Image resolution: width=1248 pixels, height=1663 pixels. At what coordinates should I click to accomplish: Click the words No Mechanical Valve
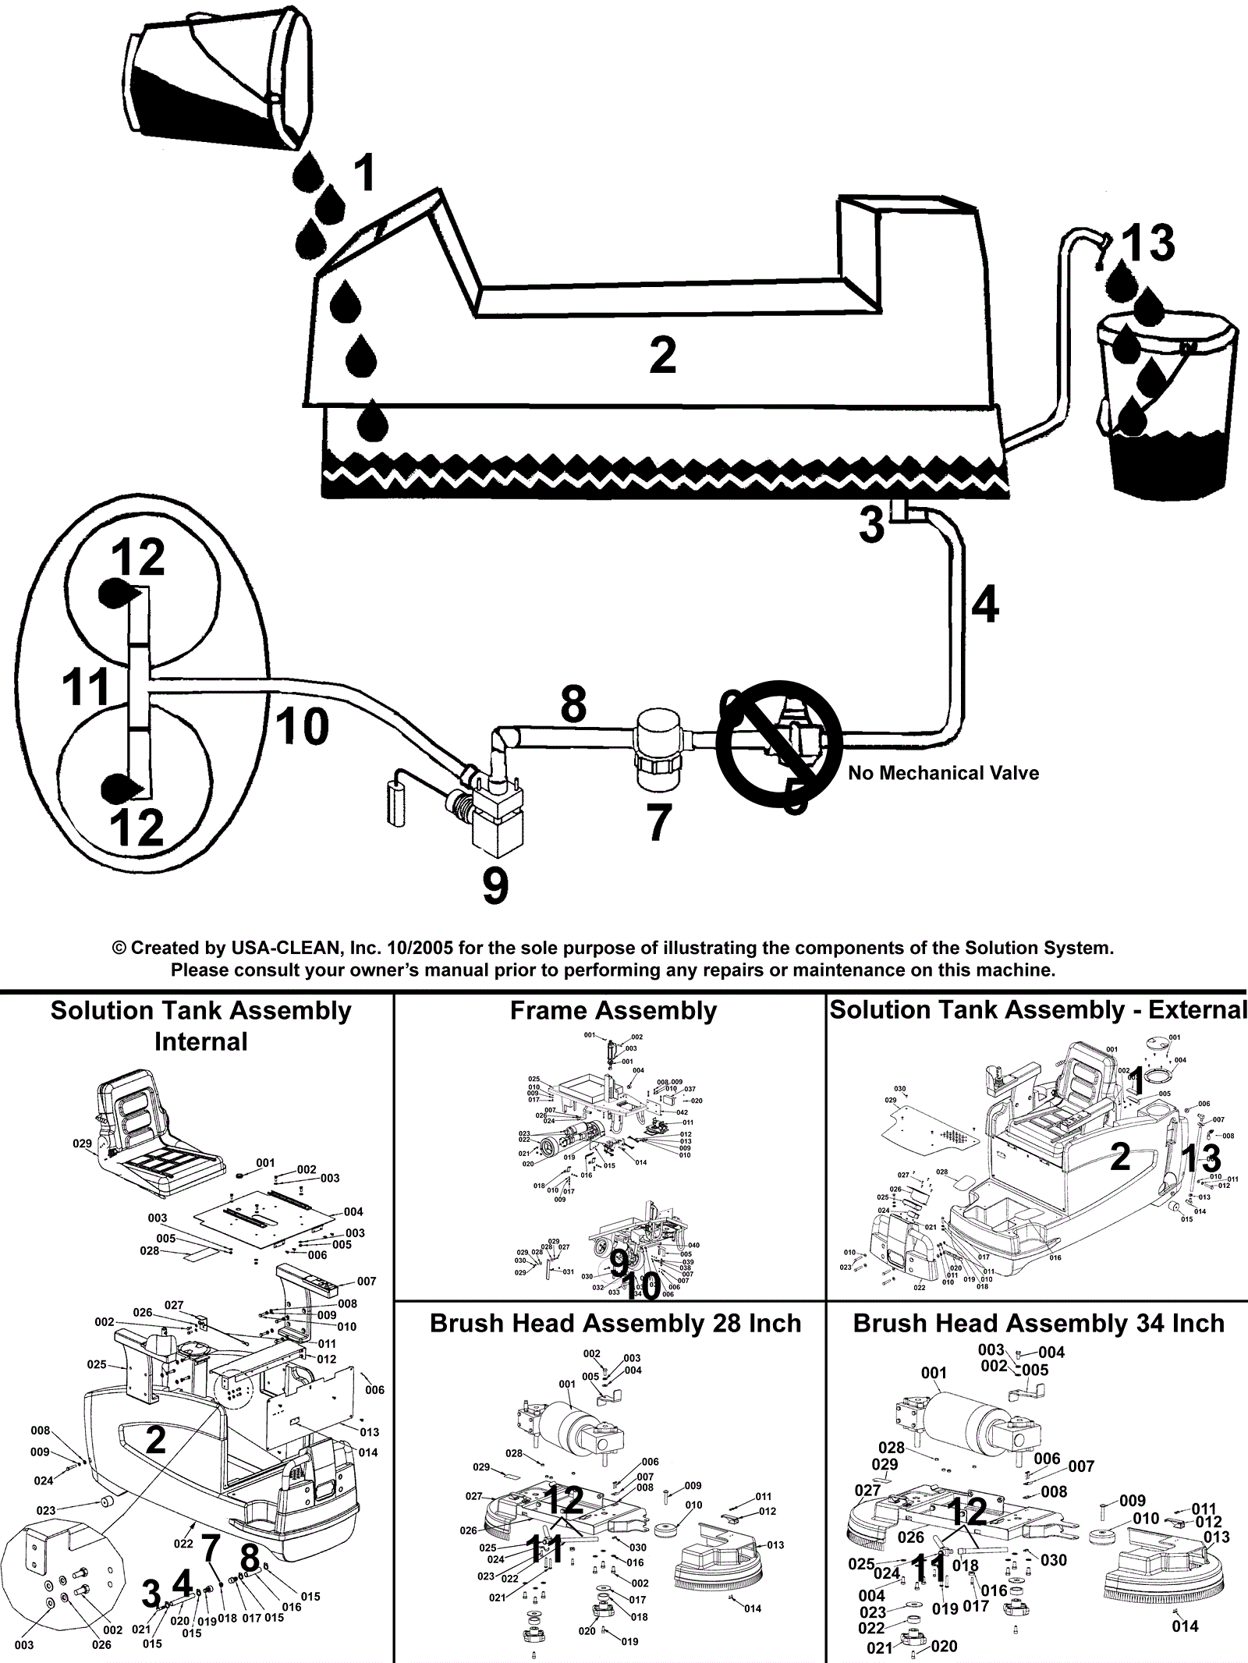[x=943, y=773]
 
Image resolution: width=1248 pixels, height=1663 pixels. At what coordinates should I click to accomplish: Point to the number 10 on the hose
[x=302, y=727]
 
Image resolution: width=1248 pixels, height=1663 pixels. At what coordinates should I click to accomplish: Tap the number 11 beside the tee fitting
[x=86, y=688]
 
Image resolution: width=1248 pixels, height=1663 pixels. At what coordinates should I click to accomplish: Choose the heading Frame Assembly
[x=613, y=1011]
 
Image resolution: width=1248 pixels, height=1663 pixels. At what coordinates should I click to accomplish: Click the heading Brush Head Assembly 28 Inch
[x=615, y=1324]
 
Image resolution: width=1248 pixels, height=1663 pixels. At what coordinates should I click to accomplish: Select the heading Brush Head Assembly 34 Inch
[x=1038, y=1324]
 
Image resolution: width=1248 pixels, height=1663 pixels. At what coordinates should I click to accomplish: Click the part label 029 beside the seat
[x=82, y=1144]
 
